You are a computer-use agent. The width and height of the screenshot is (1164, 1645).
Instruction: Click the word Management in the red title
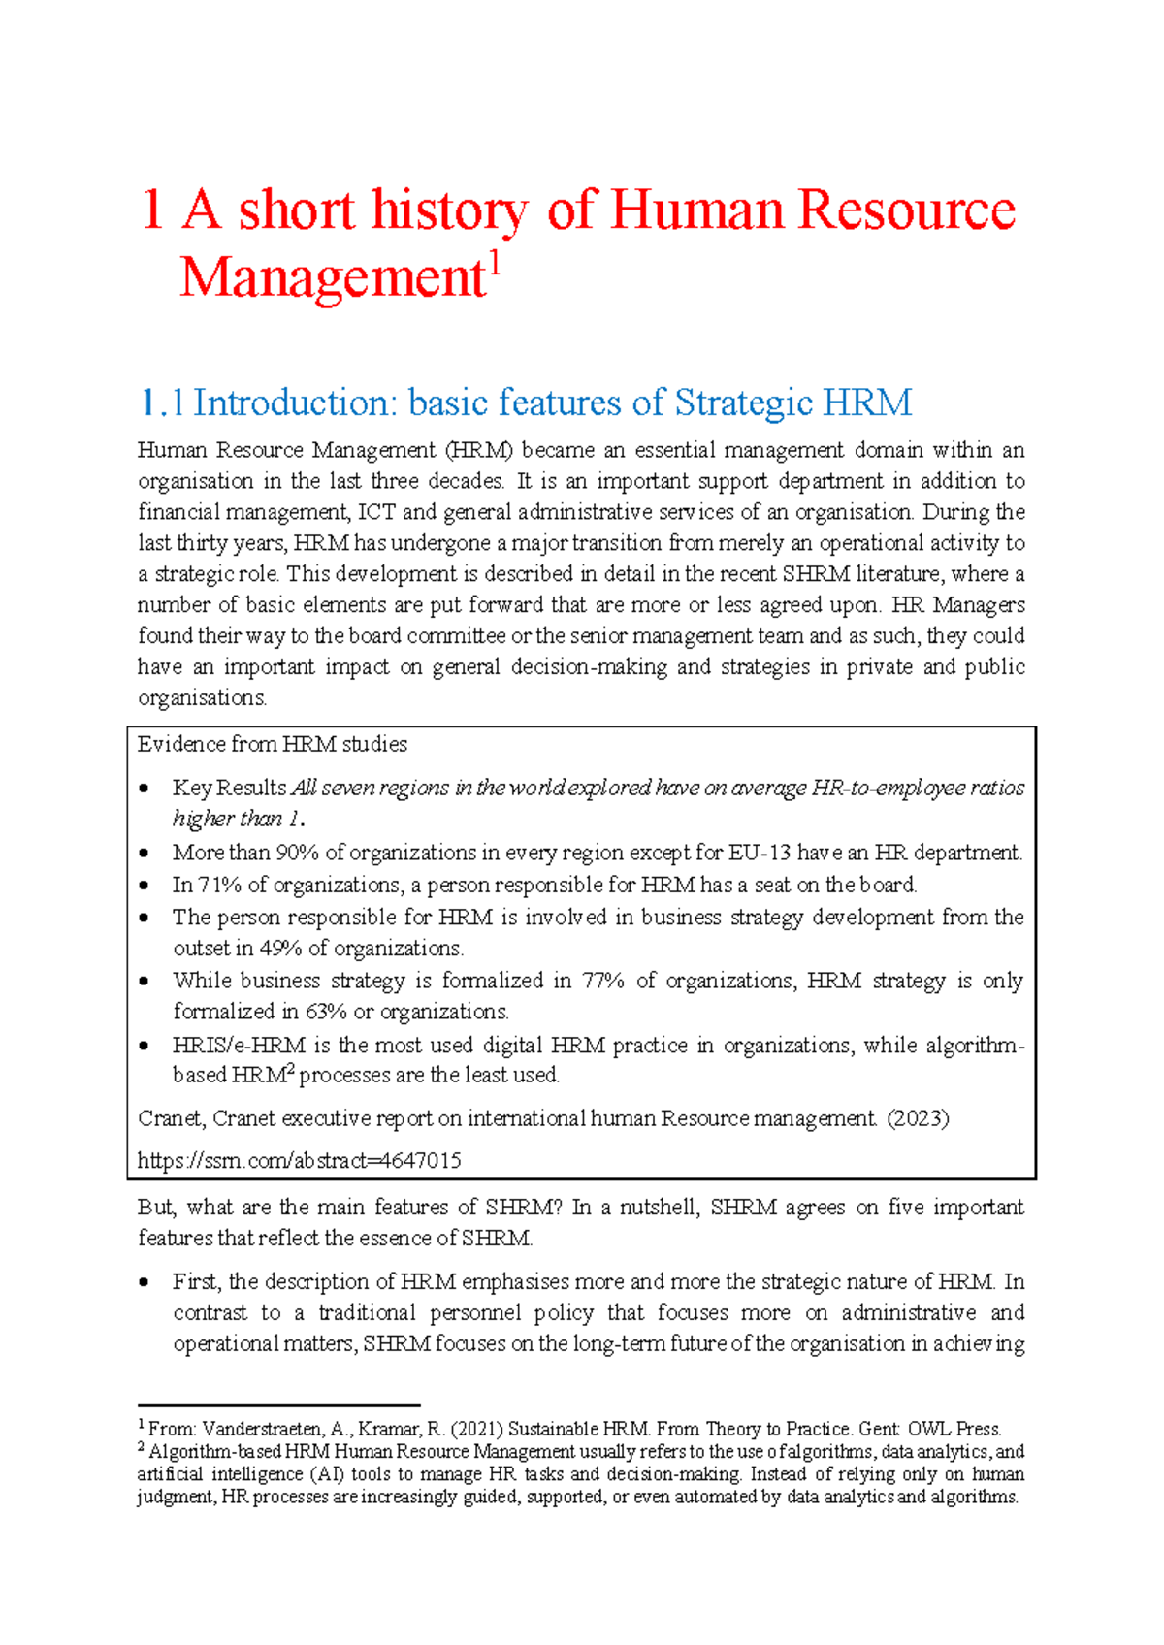pos(331,278)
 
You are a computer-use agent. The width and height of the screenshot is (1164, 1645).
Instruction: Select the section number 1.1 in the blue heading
pos(161,403)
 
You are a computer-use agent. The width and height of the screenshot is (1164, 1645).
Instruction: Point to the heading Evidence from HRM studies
pos(272,744)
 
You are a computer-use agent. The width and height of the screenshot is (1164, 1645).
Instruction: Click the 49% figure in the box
pos(280,949)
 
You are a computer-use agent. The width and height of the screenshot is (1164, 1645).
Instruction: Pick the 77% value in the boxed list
pos(601,981)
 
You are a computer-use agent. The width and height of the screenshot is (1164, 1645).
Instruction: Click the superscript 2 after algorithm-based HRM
pos(290,1069)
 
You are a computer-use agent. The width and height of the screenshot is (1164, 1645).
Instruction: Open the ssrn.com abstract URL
pos(299,1161)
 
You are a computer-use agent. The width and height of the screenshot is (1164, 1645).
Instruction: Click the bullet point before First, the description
pos(145,1282)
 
